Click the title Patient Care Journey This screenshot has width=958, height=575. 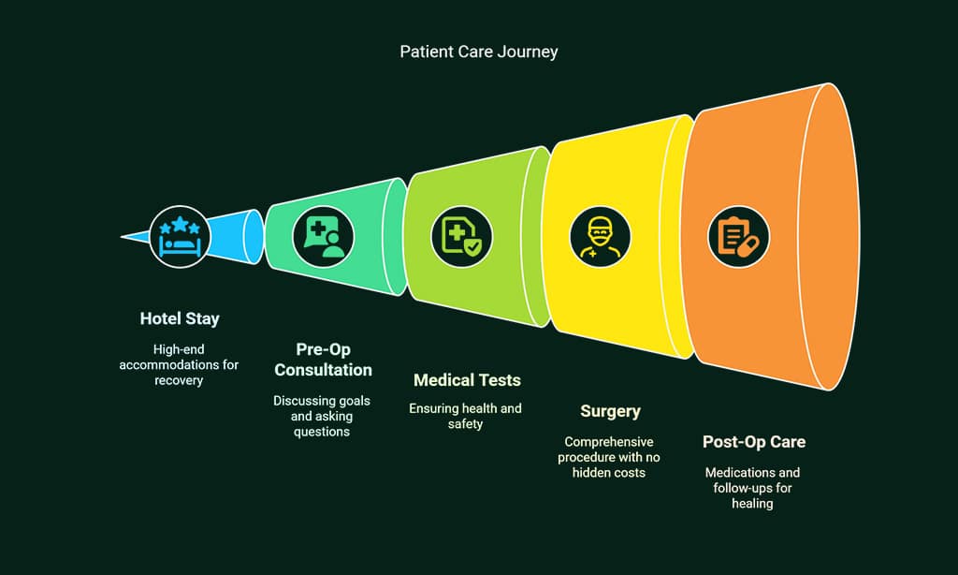click(478, 52)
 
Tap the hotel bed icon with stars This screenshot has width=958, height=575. click(180, 236)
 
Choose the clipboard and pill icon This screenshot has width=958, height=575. click(738, 236)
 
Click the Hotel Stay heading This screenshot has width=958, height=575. click(180, 318)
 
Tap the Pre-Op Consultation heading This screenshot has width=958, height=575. click(322, 360)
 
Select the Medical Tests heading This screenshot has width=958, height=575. click(467, 380)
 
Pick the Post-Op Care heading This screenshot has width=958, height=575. click(753, 442)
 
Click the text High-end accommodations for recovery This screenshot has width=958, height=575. click(179, 364)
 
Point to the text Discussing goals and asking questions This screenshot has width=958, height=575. click(322, 417)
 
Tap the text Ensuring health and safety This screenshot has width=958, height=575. click(466, 416)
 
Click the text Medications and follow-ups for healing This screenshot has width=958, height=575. click(752, 488)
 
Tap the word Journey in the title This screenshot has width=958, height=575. click(528, 52)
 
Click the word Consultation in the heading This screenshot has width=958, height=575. click(322, 370)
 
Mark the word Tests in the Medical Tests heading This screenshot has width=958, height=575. click(500, 380)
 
